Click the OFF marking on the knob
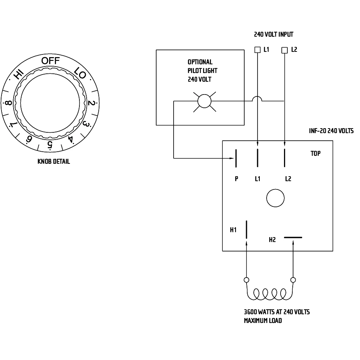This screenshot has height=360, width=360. click(50, 61)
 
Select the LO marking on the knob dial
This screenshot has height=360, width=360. click(81, 74)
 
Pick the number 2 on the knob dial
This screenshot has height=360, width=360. click(91, 103)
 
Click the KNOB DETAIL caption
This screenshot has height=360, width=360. click(54, 161)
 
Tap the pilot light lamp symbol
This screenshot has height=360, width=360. click(205, 101)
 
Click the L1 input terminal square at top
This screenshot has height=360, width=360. click(258, 50)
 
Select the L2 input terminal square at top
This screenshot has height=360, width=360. click(285, 50)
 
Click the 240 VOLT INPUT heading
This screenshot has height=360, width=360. click(273, 34)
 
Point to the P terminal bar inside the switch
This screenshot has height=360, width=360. click(236, 158)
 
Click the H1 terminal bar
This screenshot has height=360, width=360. click(247, 230)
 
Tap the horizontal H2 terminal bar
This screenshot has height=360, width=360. click(293, 238)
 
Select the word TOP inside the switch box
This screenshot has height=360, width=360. click(315, 154)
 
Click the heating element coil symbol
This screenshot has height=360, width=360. click(270, 294)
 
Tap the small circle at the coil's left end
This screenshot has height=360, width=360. click(247, 280)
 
